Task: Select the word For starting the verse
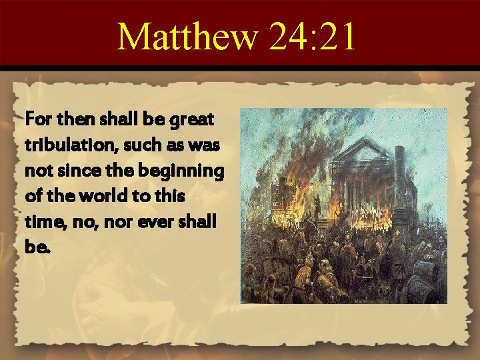click(36, 121)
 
